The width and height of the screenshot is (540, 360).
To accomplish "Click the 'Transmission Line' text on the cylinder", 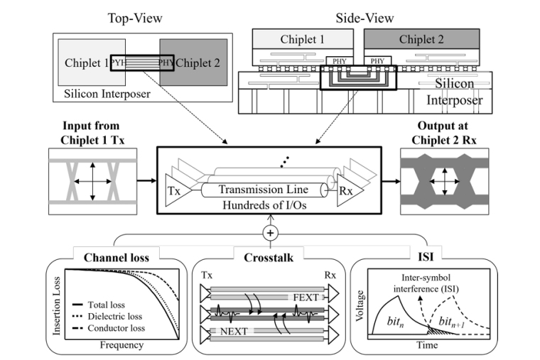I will click(264, 190).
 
